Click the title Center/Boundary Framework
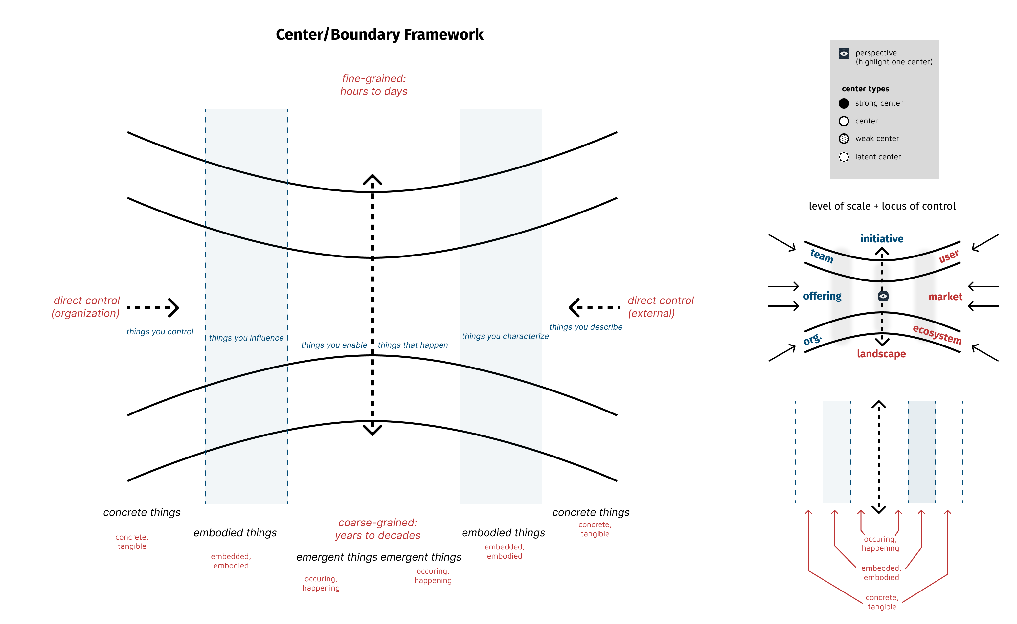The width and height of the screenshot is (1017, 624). (379, 35)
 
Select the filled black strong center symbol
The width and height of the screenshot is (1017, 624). (844, 103)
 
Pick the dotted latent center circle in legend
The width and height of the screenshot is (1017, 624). (844, 157)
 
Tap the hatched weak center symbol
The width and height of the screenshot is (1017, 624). (844, 139)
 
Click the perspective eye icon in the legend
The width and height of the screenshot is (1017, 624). (844, 53)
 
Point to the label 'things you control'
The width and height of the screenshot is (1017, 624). (160, 332)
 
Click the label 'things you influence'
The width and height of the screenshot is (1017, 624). (246, 338)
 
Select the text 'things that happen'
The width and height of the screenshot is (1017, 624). (413, 345)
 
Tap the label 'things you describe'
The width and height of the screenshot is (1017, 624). (585, 327)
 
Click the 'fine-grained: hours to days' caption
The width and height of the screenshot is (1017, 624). (373, 85)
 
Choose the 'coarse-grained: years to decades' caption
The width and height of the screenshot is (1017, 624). (378, 529)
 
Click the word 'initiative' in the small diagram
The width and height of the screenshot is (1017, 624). (882, 238)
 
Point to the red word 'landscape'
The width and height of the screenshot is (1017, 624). (881, 354)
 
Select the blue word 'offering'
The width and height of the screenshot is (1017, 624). (822, 296)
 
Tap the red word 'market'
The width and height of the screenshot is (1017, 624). (945, 297)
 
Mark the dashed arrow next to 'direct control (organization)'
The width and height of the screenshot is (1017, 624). (153, 307)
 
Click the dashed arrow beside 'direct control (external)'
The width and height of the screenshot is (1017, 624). (594, 307)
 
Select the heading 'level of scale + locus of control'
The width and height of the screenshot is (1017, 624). (882, 206)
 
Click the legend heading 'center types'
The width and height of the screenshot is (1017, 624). (865, 89)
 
